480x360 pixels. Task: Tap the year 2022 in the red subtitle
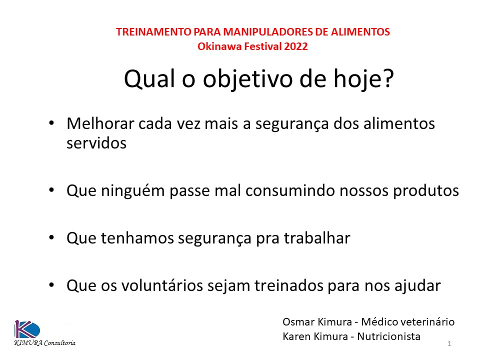tap(296, 47)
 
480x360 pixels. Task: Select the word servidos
tap(96, 143)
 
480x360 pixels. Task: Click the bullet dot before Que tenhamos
tap(52, 239)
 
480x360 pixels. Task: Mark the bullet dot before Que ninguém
tap(52, 191)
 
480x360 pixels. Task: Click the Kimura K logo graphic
tap(26, 329)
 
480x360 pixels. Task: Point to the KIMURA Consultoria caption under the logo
tap(44, 343)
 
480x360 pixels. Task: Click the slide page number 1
tap(450, 344)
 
